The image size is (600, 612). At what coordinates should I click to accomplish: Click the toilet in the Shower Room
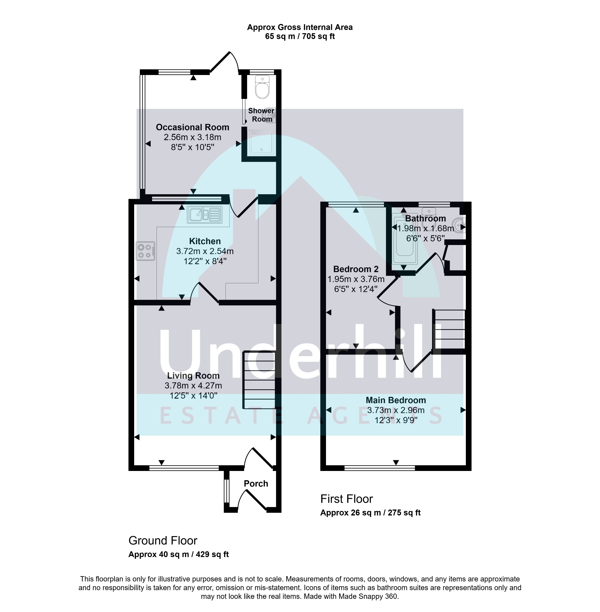[262, 87]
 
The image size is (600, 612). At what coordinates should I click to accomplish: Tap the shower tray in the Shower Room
[261, 143]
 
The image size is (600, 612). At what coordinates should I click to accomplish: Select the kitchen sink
[204, 215]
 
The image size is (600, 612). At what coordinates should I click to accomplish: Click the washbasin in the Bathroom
[459, 224]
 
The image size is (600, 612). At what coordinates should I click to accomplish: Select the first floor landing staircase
[449, 329]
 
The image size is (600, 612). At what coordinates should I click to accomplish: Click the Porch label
[256, 484]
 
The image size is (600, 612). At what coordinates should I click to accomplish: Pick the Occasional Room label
[192, 127]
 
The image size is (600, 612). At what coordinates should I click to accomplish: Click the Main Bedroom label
[396, 400]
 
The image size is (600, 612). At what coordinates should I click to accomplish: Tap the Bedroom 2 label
[356, 269]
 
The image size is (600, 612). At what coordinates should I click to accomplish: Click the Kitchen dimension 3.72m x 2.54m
[205, 251]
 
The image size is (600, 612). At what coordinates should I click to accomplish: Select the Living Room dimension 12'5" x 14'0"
[194, 396]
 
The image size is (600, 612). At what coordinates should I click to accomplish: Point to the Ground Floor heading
[163, 541]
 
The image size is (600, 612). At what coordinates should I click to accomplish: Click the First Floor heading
[347, 499]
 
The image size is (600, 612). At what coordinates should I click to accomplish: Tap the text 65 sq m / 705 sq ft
[300, 36]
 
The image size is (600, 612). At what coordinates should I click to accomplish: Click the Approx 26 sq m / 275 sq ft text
[371, 513]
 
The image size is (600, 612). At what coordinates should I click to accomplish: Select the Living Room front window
[184, 468]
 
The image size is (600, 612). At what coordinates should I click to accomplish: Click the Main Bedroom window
[380, 468]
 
